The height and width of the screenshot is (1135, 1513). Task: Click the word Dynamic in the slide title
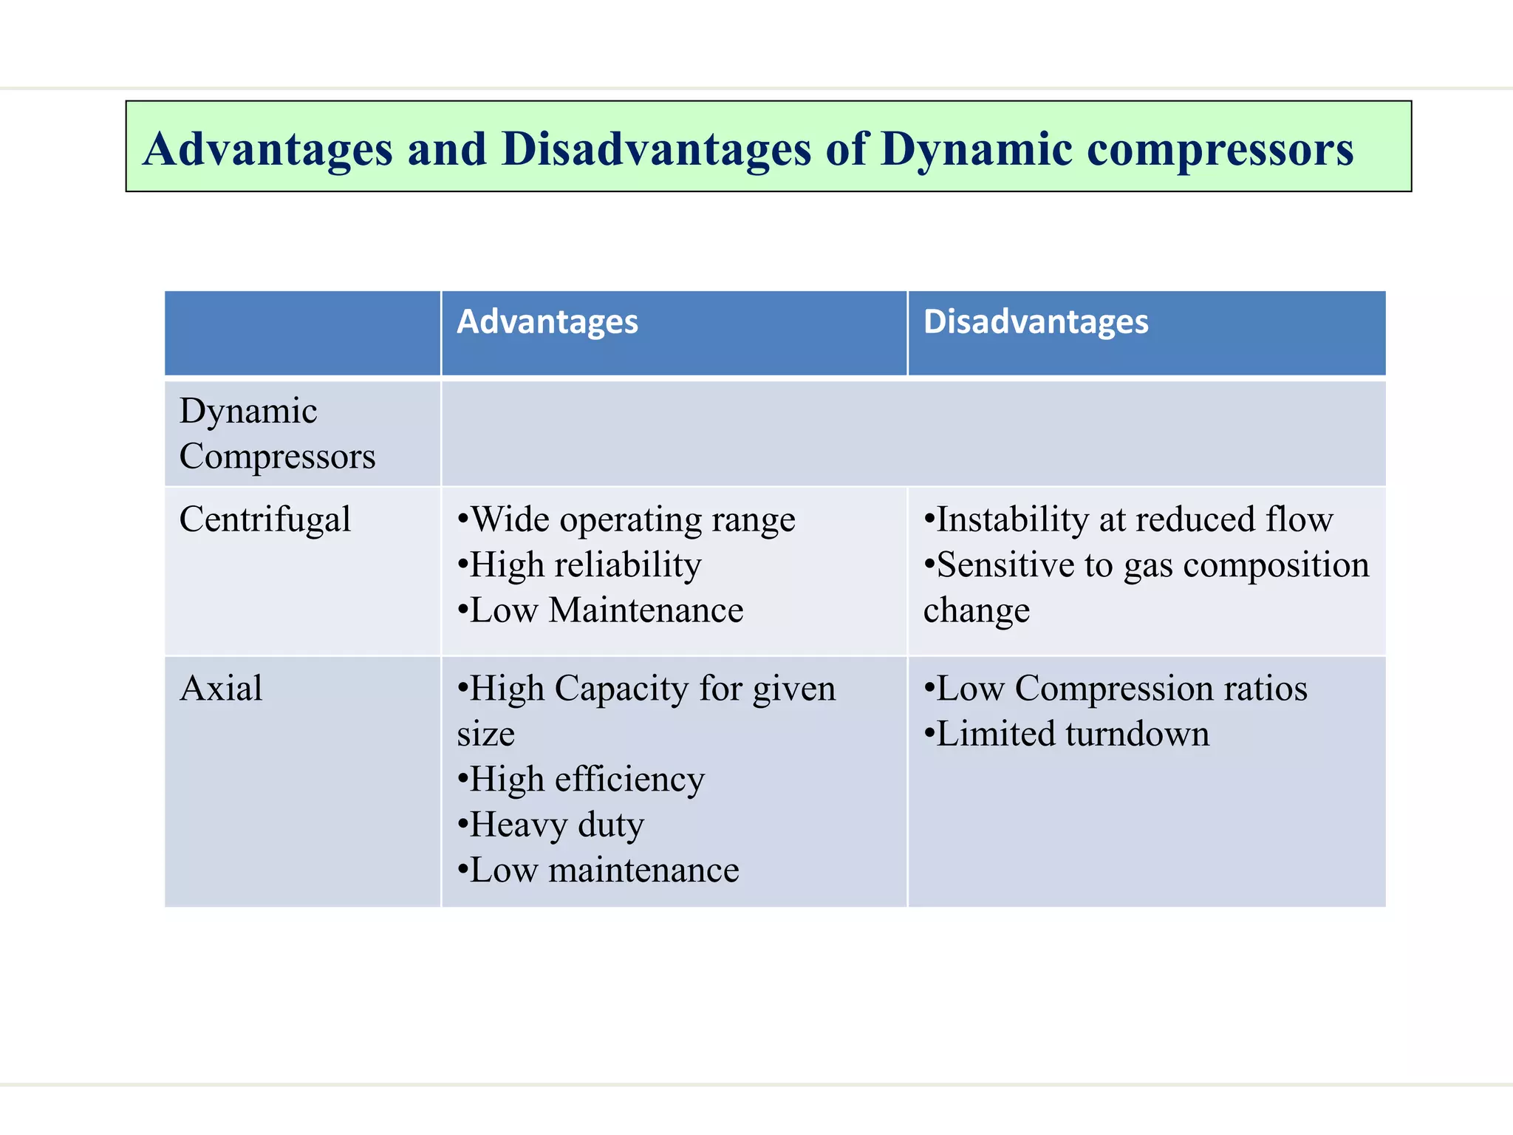click(976, 150)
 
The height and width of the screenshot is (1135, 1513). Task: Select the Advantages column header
click(547, 322)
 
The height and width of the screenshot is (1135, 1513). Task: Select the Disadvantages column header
click(1035, 322)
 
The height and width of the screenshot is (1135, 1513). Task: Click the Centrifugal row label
click(264, 519)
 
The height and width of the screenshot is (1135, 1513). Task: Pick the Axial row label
click(220, 689)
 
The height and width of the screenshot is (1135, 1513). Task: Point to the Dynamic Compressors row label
click(276, 433)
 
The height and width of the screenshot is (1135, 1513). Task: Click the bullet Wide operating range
click(626, 519)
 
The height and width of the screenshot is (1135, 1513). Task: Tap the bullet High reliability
click(579, 565)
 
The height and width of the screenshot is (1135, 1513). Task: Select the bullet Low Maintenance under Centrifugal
click(600, 610)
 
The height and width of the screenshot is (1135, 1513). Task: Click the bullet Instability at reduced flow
click(1128, 519)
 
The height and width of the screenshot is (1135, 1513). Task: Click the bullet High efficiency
click(581, 780)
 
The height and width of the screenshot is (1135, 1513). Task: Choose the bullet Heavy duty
click(551, 825)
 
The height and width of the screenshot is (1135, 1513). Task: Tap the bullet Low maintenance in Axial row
click(598, 870)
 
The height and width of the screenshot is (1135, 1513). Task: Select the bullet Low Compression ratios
click(1116, 689)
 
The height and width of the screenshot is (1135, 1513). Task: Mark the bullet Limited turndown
click(1066, 734)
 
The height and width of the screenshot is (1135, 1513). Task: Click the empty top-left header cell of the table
click(302, 333)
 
